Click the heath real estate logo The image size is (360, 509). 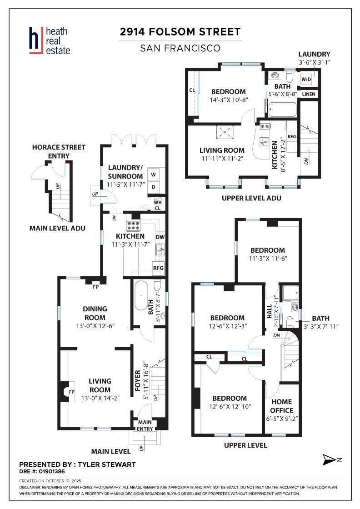click(50, 40)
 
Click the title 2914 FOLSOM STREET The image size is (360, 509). click(180, 32)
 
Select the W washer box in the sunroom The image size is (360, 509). click(154, 175)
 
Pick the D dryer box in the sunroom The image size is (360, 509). click(154, 187)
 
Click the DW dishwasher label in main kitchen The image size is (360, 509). click(160, 237)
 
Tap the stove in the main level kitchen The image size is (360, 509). click(133, 226)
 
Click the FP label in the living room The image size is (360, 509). click(72, 392)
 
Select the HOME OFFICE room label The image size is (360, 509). click(281, 406)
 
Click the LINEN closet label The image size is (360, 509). click(308, 94)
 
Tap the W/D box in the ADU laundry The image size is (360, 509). click(306, 79)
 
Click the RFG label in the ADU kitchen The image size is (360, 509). click(292, 137)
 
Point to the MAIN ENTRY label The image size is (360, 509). click(145, 425)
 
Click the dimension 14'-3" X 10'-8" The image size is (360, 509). click(229, 100)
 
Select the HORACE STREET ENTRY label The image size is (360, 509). click(59, 152)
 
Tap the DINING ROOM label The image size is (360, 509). click(95, 313)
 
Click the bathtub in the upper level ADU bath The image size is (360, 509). click(282, 110)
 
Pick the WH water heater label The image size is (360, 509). click(158, 203)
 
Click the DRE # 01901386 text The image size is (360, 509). click(42, 471)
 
